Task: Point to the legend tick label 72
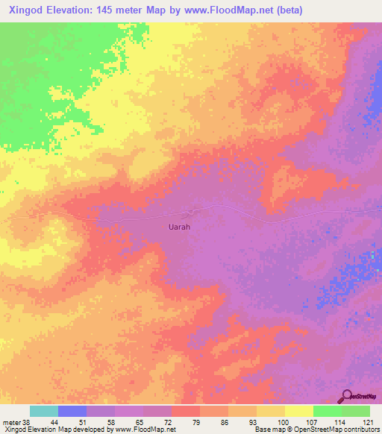pyautogui.click(x=171, y=421)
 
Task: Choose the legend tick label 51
pyautogui.click(x=86, y=421)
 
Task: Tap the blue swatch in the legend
pyautogui.click(x=72, y=411)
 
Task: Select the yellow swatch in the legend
pyautogui.click(x=298, y=411)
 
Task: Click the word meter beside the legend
pyautogui.click(x=12, y=421)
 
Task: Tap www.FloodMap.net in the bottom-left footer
pyautogui.click(x=144, y=430)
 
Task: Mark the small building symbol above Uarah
pyautogui.click(x=195, y=213)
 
